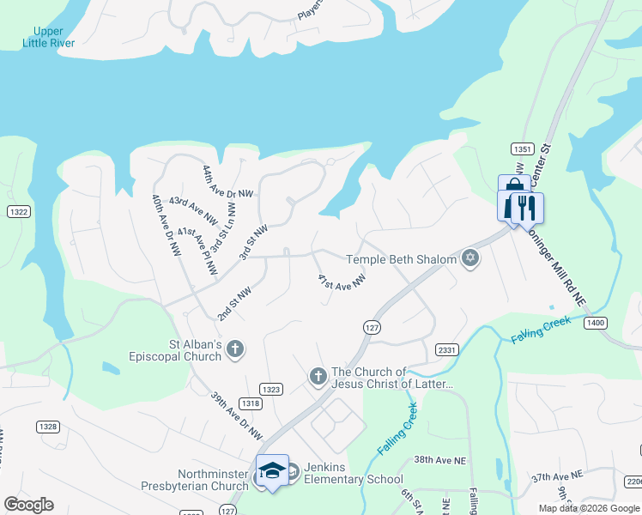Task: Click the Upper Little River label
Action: coord(48,37)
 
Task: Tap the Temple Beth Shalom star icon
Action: coord(469,258)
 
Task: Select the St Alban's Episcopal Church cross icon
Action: coord(235,349)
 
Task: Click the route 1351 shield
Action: coord(520,148)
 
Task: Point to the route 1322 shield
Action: coord(18,211)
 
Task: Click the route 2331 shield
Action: coord(446,349)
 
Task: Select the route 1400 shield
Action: coord(595,323)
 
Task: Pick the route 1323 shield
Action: coord(271,389)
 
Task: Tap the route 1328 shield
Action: coord(48,427)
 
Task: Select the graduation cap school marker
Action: coord(272,470)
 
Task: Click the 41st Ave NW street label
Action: coord(342,282)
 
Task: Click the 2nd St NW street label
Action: coord(233,305)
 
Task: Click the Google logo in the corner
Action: coord(28,505)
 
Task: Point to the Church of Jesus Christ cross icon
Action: coord(318,377)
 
